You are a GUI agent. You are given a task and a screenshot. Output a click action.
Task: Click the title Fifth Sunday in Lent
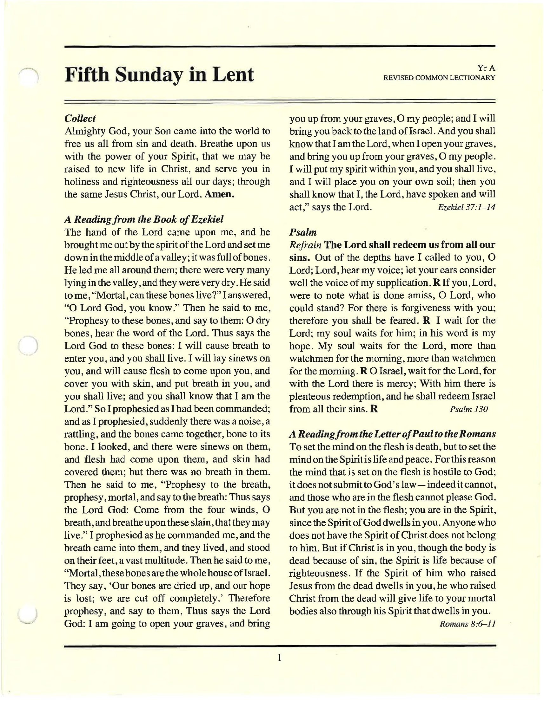pos(159,75)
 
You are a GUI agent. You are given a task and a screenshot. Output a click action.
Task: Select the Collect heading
pos(80,119)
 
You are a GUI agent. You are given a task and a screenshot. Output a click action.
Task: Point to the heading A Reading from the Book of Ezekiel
pos(144,219)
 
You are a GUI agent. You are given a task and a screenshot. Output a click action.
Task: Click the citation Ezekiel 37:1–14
pos(466,207)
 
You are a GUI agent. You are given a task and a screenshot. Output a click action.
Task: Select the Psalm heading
pos(303,232)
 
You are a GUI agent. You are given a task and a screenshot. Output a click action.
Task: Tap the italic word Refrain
pos(305,245)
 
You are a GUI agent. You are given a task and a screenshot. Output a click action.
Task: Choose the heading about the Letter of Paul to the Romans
pos(392,434)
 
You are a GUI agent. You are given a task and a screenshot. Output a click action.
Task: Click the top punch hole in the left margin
pos(29,78)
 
